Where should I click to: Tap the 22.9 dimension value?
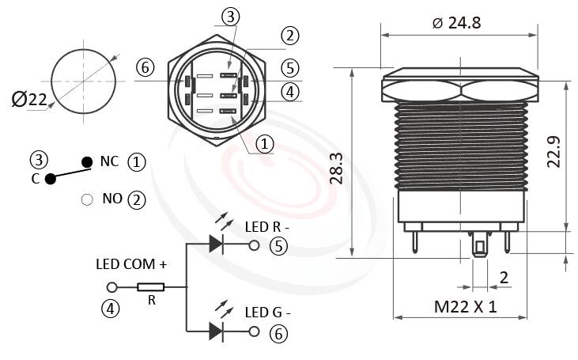tap(553, 152)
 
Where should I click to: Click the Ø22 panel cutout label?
tap(29, 99)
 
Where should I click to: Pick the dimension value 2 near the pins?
tap(503, 277)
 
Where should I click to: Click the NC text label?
tap(109, 161)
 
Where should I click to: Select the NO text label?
tap(112, 199)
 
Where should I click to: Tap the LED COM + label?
tap(131, 263)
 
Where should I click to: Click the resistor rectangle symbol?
tap(150, 287)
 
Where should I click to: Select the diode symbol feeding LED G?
tap(216, 332)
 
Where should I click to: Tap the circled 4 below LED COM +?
tap(112, 309)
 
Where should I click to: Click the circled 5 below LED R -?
tap(277, 247)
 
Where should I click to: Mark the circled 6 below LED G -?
tap(277, 333)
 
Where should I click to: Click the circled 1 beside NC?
tap(137, 162)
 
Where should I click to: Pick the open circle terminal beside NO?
tap(87, 199)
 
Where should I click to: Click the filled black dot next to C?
tap(51, 179)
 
